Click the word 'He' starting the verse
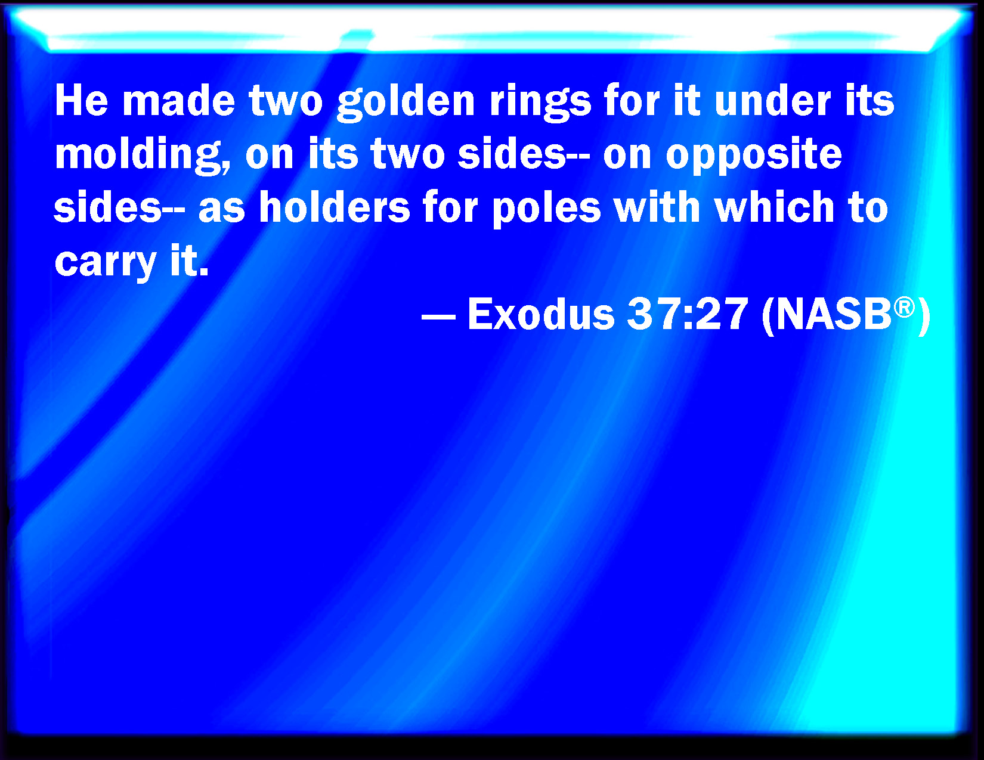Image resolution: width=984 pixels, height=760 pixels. [x=82, y=101]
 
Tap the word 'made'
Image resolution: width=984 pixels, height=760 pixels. [x=179, y=101]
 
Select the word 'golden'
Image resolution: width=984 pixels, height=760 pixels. [x=406, y=103]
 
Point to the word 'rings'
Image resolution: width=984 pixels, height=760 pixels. [x=540, y=103]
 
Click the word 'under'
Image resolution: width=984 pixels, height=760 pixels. [x=772, y=101]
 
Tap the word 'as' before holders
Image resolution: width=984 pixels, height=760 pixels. [x=222, y=209]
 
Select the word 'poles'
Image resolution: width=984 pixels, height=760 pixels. [x=546, y=209]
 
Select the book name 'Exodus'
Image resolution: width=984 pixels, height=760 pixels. [x=541, y=314]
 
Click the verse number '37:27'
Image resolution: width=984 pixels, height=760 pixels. [x=688, y=314]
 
